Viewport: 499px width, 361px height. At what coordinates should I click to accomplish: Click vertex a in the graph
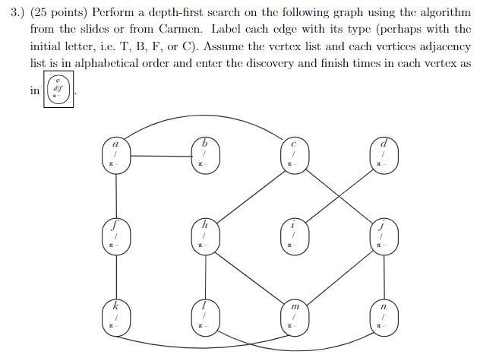[115, 154]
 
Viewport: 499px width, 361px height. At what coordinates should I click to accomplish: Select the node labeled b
[204, 154]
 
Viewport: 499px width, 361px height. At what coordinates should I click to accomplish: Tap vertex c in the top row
[293, 154]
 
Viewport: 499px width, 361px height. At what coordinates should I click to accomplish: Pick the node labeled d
[383, 154]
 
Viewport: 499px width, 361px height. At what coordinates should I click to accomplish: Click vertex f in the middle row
[115, 236]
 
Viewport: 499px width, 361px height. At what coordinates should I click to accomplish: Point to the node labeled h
[204, 236]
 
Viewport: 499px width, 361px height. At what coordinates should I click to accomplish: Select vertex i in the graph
[293, 236]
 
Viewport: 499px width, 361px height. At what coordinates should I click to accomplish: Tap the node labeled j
[383, 236]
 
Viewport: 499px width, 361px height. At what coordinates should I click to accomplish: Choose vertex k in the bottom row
[115, 316]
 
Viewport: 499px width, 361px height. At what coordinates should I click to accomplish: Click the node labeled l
[204, 316]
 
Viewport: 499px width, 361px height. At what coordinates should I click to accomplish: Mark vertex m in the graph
[293, 316]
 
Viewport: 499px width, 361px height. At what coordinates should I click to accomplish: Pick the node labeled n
[383, 316]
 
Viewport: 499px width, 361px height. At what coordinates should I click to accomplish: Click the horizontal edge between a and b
[159, 157]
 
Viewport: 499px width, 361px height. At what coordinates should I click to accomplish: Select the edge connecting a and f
[115, 195]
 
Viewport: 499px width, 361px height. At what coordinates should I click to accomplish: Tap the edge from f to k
[115, 276]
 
